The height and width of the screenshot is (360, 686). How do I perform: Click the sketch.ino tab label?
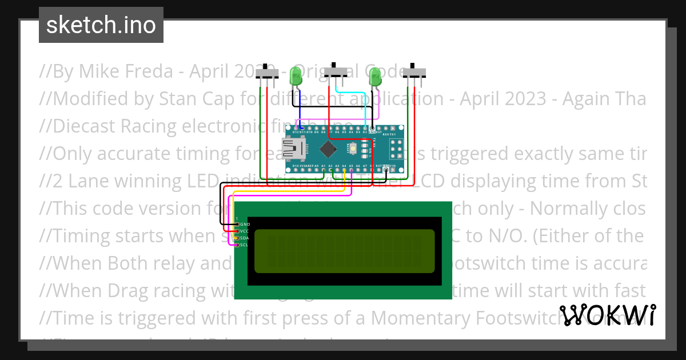(x=101, y=25)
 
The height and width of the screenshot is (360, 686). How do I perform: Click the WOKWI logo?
(x=608, y=315)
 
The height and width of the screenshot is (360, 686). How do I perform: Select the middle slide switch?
(x=336, y=72)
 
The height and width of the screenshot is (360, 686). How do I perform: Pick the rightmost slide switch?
(x=414, y=73)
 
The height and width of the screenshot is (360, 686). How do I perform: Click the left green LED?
(x=296, y=76)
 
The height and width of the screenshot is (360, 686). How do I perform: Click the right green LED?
(x=375, y=77)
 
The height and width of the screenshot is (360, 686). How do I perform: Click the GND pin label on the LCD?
(x=244, y=225)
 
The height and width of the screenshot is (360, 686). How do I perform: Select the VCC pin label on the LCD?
(x=244, y=231)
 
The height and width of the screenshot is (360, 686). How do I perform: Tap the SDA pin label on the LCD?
(x=244, y=238)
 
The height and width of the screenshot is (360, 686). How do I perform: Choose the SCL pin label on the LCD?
(x=244, y=245)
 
